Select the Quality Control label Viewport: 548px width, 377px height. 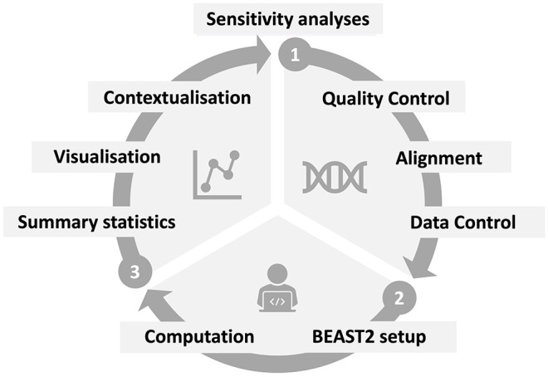tap(384, 99)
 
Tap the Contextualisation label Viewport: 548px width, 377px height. tap(178, 97)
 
